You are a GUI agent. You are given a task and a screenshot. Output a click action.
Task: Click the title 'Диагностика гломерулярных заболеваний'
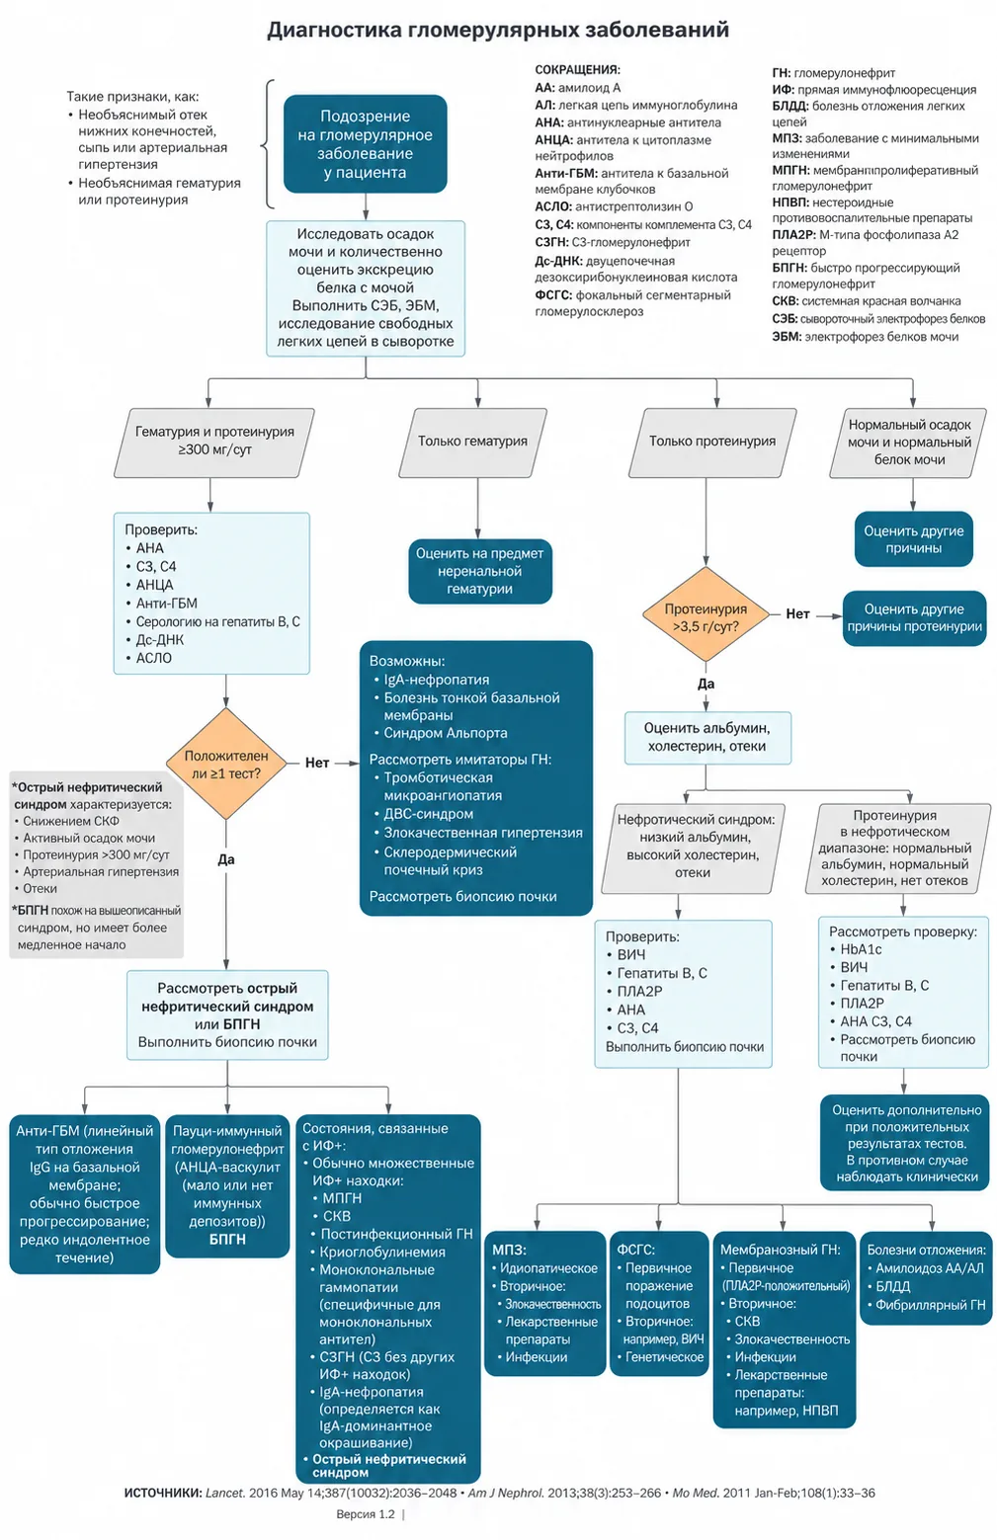pyautogui.click(x=498, y=31)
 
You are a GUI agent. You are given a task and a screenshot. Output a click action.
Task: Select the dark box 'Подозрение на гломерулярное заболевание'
pyautogui.click(x=366, y=143)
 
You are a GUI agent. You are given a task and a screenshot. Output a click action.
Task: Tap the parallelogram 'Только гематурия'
pyautogui.click(x=473, y=443)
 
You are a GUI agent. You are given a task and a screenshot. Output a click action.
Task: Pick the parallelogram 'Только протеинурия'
pyautogui.click(x=712, y=443)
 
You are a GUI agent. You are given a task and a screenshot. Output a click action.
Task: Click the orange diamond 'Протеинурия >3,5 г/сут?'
pyautogui.click(x=706, y=614)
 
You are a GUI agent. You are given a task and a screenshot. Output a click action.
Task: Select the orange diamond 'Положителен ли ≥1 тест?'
pyautogui.click(x=226, y=764)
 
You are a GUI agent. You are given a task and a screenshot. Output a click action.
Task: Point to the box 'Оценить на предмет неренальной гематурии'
pyautogui.click(x=480, y=571)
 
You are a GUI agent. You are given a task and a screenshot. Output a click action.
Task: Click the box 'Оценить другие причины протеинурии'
pyautogui.click(x=914, y=617)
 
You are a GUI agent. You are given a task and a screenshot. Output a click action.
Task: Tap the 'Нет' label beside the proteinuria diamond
pyautogui.click(x=797, y=614)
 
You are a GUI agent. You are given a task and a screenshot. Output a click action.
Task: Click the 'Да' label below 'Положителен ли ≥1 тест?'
pyautogui.click(x=226, y=859)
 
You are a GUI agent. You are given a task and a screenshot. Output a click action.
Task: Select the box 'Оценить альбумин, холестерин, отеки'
pyautogui.click(x=707, y=737)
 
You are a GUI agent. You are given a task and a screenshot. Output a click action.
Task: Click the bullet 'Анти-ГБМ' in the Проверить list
pyautogui.click(x=166, y=603)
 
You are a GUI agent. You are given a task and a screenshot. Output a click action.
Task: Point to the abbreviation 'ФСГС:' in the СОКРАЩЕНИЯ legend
pyautogui.click(x=553, y=295)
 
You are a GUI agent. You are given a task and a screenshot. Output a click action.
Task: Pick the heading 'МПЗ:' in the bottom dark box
pyautogui.click(x=509, y=1250)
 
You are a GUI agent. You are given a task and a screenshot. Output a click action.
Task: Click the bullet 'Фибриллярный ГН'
pyautogui.click(x=930, y=1304)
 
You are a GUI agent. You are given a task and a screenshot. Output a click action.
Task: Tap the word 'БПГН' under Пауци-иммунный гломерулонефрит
pyautogui.click(x=227, y=1239)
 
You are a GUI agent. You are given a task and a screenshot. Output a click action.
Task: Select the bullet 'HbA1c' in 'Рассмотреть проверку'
pyautogui.click(x=861, y=948)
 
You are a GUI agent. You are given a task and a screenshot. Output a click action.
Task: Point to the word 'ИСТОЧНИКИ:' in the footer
pyautogui.click(x=163, y=1493)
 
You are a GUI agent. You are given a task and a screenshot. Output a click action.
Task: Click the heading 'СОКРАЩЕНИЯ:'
pyautogui.click(x=578, y=69)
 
